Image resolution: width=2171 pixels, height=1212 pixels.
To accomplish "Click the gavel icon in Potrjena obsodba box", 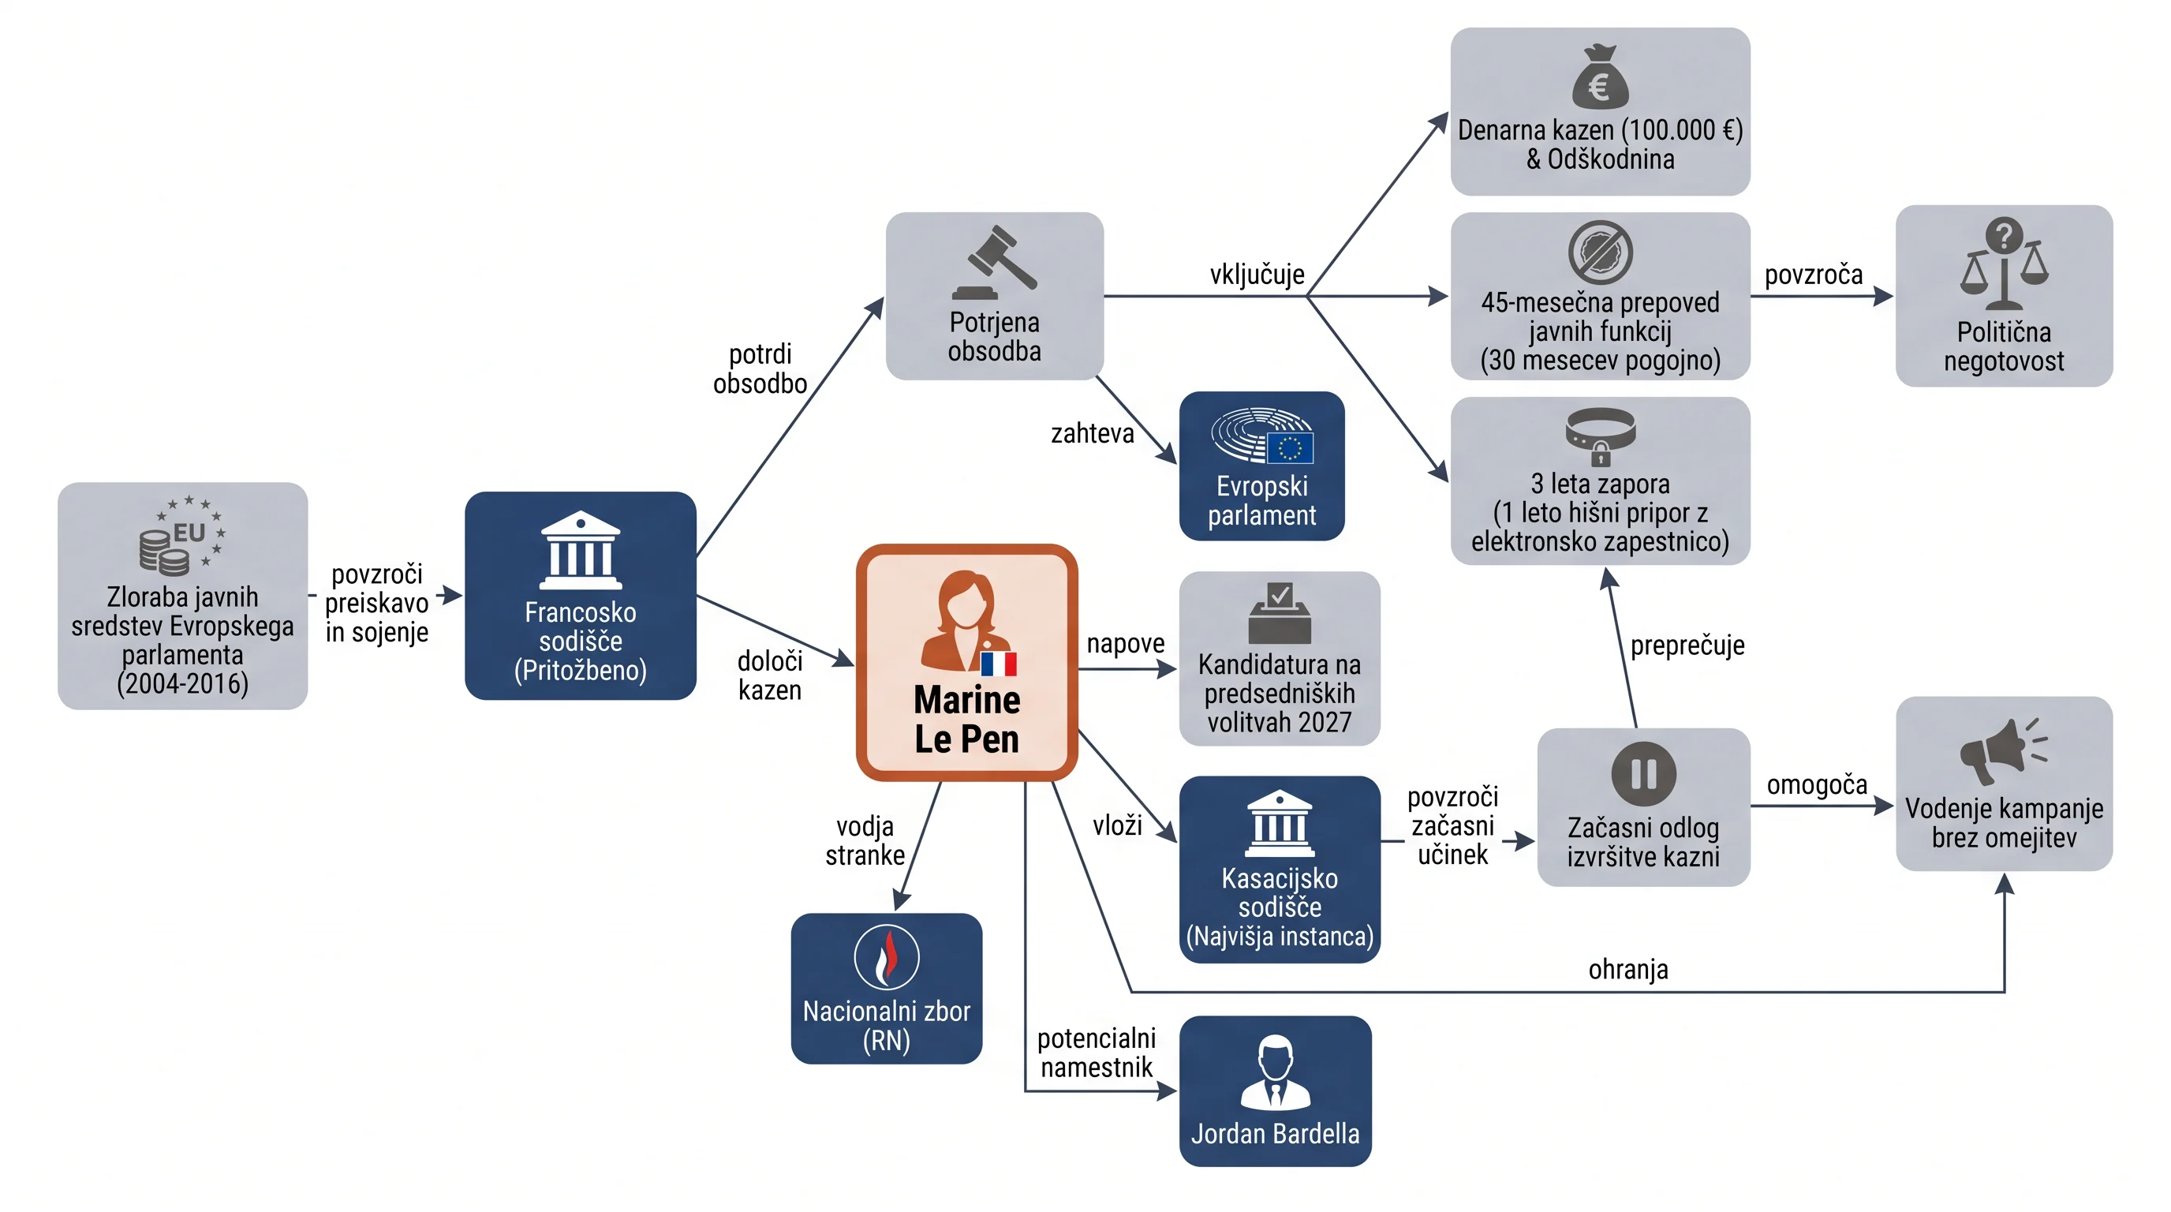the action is coord(995,262).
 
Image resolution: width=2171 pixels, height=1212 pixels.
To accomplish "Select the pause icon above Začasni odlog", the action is coord(1643,774).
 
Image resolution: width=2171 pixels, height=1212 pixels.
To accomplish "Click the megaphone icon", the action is coord(2003,750).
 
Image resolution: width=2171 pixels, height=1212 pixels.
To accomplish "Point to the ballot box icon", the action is coord(1280,613).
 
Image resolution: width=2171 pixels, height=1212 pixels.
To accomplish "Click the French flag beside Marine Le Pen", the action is coord(999,664).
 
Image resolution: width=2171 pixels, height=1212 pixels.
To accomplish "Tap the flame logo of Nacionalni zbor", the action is coord(887,957).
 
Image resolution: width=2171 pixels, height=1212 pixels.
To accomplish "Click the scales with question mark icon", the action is coord(2003,264).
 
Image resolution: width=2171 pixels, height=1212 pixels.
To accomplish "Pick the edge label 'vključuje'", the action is coord(1257,275).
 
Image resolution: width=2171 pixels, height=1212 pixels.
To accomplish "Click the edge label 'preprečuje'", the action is coord(1687,645).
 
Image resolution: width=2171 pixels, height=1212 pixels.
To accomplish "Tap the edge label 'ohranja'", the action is coord(1628,969).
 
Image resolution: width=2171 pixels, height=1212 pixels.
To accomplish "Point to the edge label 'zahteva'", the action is coord(1093,433).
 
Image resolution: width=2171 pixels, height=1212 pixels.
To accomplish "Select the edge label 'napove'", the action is coord(1125,644).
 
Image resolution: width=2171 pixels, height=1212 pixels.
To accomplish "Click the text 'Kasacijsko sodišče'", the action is coord(1280,892).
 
